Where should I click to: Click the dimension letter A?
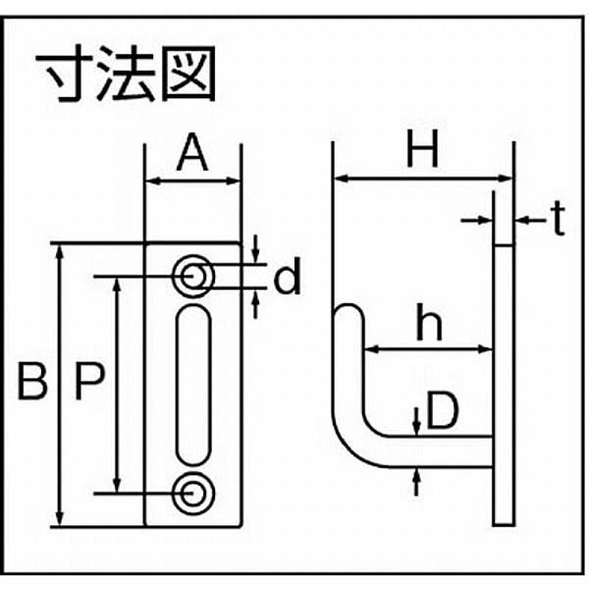point(192,152)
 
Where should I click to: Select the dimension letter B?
point(32,382)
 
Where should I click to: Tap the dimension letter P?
point(89,382)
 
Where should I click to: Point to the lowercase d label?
point(288,275)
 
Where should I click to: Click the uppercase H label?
point(422,149)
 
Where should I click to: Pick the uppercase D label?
point(443,410)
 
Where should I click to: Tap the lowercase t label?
point(559,218)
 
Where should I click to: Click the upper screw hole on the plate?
point(193,277)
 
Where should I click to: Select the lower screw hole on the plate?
point(193,493)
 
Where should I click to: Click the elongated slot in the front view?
point(193,385)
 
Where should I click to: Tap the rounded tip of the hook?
point(348,305)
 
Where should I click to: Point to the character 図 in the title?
point(188,74)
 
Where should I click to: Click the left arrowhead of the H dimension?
point(340,179)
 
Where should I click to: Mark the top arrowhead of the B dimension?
point(59,252)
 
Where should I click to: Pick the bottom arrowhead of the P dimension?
point(118,485)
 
